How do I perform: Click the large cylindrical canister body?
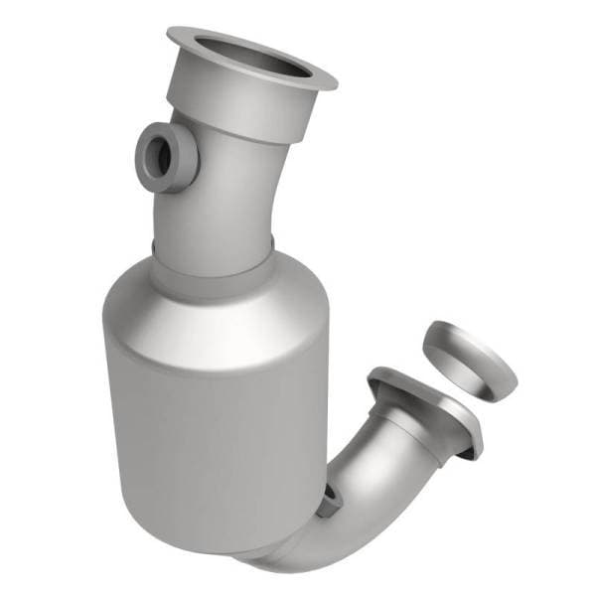click(209, 417)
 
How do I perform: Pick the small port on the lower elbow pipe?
click(329, 502)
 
